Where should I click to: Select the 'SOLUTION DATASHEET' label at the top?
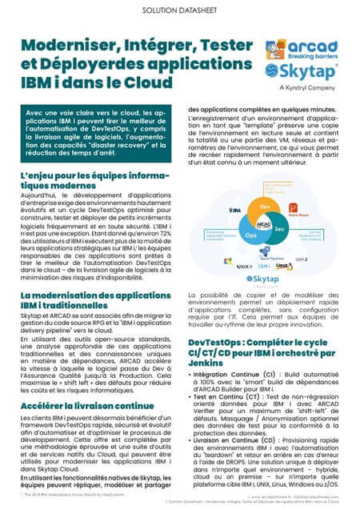(x=179, y=11)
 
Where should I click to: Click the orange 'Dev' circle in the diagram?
(x=263, y=207)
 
